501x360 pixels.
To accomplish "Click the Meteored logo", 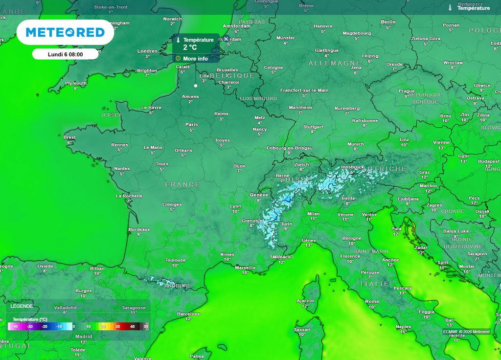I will pos(65,32).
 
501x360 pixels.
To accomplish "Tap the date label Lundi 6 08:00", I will pos(65,54).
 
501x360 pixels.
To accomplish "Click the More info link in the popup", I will pos(195,59).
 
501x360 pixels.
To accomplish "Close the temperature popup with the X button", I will pos(226,39).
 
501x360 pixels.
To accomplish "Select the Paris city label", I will pos(192,125).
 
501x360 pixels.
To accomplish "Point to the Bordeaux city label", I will pos(139,229).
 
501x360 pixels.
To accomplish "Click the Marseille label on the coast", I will pos(245,268).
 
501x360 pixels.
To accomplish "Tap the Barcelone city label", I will pos(188,314).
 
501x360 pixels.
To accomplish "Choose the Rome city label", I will pos(372,301).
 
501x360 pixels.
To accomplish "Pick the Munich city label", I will pos(356,144).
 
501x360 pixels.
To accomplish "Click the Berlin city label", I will pos(388,22).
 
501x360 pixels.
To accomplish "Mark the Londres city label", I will pos(147,51).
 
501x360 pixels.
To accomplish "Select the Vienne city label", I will pos(441,142).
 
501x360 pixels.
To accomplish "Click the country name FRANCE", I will pos(182,184).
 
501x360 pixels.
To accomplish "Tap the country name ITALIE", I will pos(375,284).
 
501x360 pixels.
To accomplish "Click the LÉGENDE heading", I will pos(22,306).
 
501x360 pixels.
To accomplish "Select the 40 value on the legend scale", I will pos(132,326).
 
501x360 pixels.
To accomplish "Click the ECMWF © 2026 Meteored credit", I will pos(466,332).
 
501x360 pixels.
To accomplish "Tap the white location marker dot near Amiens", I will pos(196,86).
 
